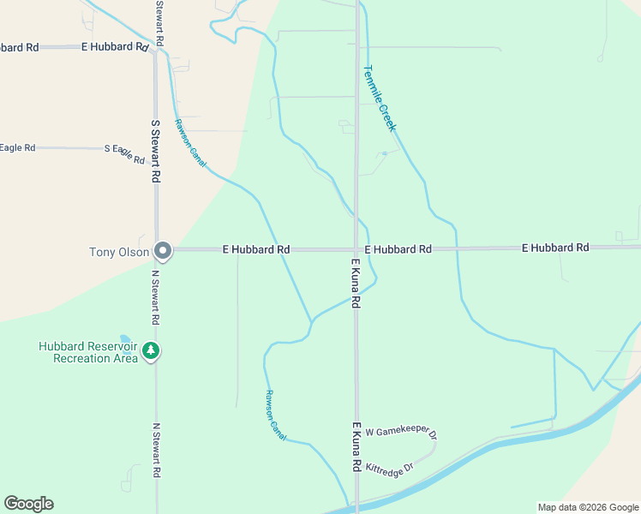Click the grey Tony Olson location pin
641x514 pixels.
[163, 251]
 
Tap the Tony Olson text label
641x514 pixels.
[119, 252]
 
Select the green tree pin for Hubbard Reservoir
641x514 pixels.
[152, 351]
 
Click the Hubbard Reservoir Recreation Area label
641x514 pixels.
[88, 353]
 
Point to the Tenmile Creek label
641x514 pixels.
[379, 99]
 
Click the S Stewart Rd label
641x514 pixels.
[156, 151]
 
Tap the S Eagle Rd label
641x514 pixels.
[124, 153]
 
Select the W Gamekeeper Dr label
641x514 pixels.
[402, 433]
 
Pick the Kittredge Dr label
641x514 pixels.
[389, 468]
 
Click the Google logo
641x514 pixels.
[28, 504]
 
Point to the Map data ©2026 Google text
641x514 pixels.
[588, 507]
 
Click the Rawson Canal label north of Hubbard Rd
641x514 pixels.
[191, 142]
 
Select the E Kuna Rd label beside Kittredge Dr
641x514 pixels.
[354, 445]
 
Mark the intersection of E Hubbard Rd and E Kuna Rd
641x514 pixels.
[356, 249]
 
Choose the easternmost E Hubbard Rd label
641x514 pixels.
[555, 248]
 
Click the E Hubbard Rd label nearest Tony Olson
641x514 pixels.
[255, 249]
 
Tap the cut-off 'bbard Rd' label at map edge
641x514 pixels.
[19, 48]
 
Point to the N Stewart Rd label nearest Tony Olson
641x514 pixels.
[156, 297]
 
